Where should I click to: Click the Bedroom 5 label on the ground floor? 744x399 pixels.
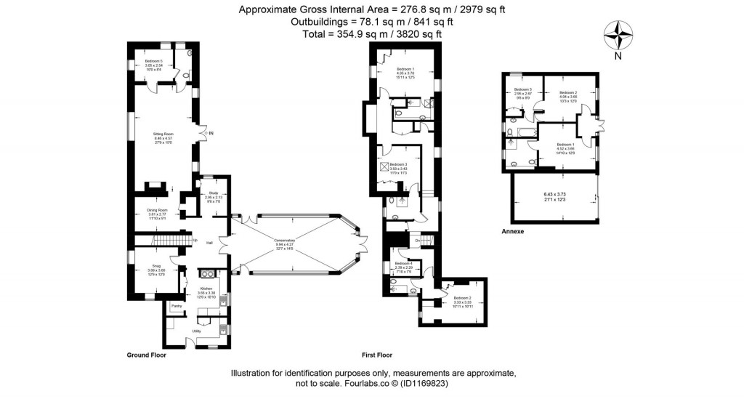pos(153,62)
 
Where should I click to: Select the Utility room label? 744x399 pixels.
pos(196,331)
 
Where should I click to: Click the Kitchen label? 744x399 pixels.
pos(206,289)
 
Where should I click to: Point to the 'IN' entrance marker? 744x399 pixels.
pos(211,133)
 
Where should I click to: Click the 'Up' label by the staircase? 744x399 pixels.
pos(195,241)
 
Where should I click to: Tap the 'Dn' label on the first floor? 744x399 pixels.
pos(418,241)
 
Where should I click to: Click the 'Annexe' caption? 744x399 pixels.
pos(513,232)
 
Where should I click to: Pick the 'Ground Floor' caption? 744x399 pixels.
pos(147,355)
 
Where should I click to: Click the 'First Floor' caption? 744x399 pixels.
pos(377,355)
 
